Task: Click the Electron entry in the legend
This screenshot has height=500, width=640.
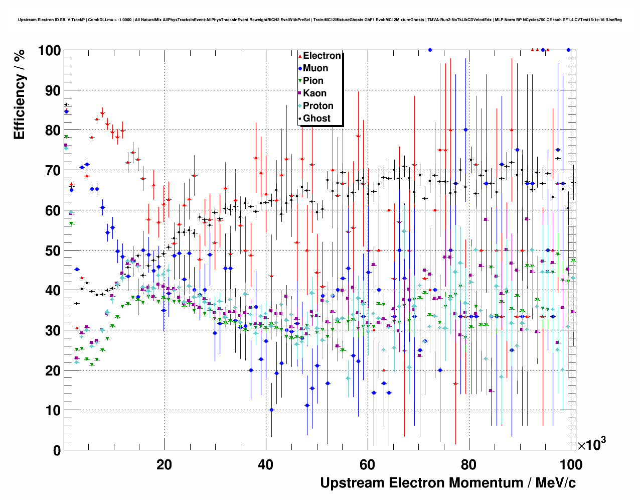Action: pyautogui.click(x=322, y=56)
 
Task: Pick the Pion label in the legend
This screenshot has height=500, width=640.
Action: pyautogui.click(x=313, y=81)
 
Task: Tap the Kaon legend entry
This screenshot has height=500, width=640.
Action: pyautogui.click(x=314, y=93)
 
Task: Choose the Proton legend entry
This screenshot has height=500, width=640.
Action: pyautogui.click(x=318, y=106)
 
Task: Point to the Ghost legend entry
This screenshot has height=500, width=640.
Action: pyautogui.click(x=316, y=118)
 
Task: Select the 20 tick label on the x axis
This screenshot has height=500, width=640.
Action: pyautogui.click(x=164, y=464)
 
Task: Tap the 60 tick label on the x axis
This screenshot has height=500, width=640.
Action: pyautogui.click(x=368, y=464)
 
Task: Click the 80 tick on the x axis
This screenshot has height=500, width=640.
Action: pyautogui.click(x=469, y=464)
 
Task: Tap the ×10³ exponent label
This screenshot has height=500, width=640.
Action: pyautogui.click(x=591, y=444)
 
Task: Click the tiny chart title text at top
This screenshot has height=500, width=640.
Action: pyautogui.click(x=319, y=20)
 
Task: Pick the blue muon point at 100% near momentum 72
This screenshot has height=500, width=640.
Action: pyautogui.click(x=430, y=50)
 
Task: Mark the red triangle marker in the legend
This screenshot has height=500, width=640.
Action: pyautogui.click(x=300, y=56)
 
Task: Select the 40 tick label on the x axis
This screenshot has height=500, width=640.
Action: pyautogui.click(x=266, y=464)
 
